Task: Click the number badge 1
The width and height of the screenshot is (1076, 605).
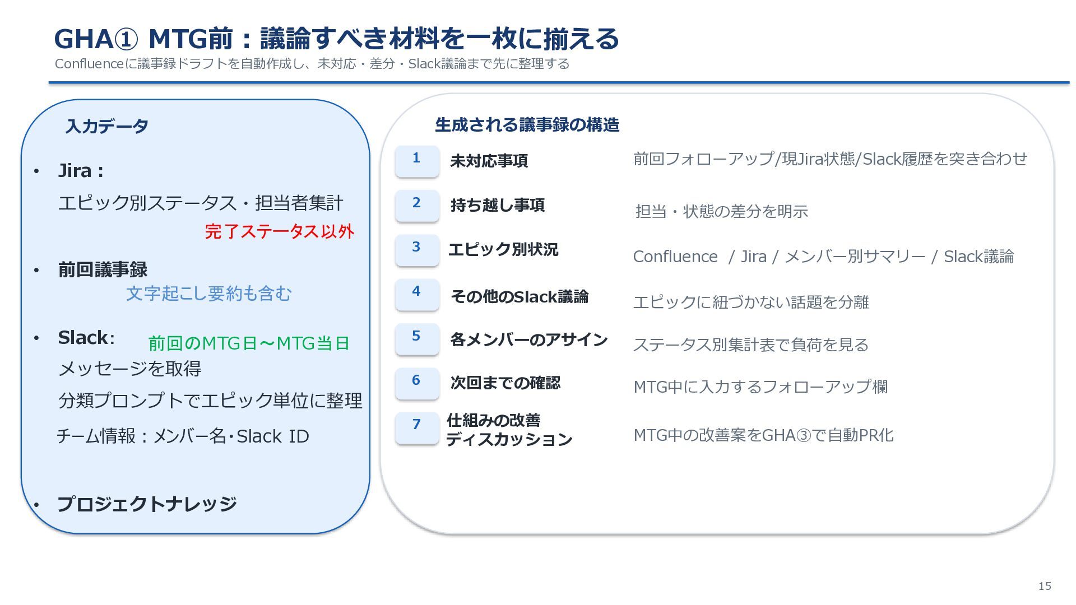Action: coord(416,161)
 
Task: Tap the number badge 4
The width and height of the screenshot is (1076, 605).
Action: coord(416,294)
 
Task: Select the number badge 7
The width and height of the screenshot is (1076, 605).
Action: coord(416,428)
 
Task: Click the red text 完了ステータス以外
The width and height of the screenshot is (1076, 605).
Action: coord(280,231)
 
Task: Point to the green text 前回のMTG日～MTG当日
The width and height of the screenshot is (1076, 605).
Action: coord(249,343)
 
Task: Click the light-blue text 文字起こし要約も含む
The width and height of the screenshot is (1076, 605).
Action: coord(209,293)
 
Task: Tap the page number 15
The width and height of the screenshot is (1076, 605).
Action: coord(1045,586)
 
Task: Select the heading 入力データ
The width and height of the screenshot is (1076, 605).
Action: coord(106,126)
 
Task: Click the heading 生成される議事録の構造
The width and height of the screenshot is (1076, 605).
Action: coord(527,124)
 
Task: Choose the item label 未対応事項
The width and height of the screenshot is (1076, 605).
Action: coord(489,161)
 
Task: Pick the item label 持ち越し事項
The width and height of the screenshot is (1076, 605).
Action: coord(497,205)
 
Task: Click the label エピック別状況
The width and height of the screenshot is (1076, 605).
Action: coord(503,249)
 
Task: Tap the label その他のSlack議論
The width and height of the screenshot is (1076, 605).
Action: coord(520,296)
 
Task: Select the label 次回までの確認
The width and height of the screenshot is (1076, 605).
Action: coord(505,383)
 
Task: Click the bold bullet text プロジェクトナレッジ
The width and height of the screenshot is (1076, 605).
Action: coord(147,504)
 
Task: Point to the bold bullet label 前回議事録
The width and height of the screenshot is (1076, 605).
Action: coord(103,269)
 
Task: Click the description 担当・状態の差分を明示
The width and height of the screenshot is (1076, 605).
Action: coord(722,211)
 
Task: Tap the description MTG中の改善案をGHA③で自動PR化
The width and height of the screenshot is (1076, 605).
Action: coord(763,435)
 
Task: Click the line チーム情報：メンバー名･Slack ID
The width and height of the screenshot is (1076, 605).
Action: coord(183,436)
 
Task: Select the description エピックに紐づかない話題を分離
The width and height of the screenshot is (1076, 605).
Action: coord(751,302)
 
